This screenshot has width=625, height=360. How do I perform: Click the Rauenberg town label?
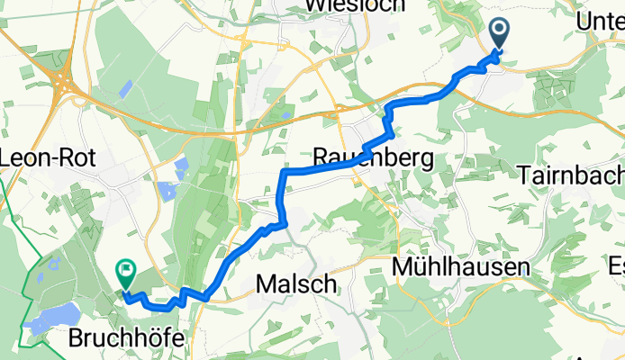[x=373, y=157]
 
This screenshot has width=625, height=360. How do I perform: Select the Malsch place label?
[x=297, y=284]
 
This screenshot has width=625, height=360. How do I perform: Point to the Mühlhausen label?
[x=459, y=267]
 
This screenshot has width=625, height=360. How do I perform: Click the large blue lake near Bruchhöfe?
[x=50, y=318]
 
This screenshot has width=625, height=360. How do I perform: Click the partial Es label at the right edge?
[x=616, y=266]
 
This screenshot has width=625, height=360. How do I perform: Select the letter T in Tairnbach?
[x=526, y=176]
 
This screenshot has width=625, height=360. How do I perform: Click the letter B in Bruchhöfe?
[x=77, y=339]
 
